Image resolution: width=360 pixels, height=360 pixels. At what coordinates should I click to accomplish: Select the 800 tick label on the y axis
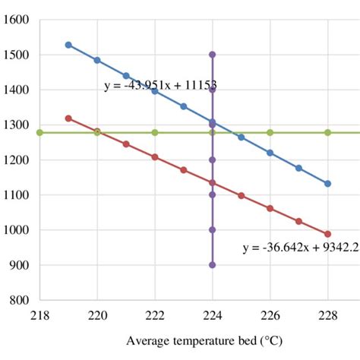(17, 300)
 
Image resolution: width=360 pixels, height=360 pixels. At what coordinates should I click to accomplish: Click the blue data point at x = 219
(68, 45)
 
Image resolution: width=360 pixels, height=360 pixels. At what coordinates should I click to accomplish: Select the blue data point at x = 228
(328, 183)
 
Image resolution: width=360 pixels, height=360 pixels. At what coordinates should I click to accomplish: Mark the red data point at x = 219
(68, 118)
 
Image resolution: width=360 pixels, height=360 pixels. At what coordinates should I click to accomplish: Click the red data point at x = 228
(328, 234)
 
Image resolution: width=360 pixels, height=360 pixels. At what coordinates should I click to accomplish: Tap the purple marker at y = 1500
(213, 55)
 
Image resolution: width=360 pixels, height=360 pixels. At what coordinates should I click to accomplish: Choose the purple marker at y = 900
(213, 265)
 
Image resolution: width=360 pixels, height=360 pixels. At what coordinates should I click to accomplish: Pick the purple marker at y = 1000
(213, 230)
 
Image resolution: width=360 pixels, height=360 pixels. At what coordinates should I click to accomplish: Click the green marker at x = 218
(39, 132)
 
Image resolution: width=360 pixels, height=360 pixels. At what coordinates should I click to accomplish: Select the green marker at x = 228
(328, 132)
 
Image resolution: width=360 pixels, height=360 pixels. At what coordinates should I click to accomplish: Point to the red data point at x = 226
(270, 208)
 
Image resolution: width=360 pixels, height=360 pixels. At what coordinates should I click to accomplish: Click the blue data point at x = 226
(270, 153)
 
